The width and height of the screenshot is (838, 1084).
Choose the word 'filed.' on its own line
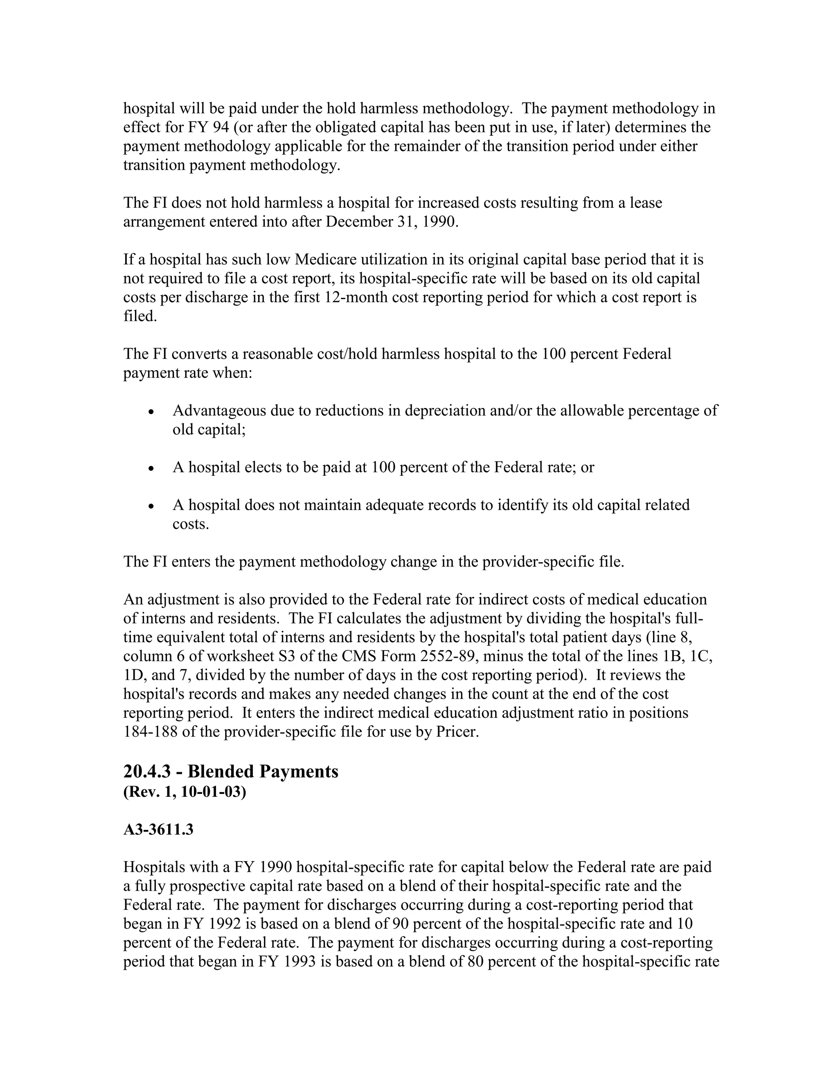click(x=140, y=316)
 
